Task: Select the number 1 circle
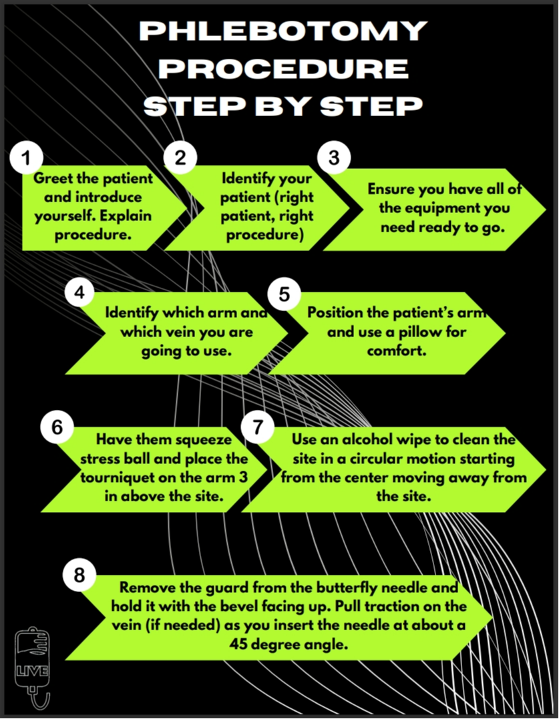coord(27,158)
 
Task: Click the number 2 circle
coord(180,158)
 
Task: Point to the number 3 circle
coord(334,158)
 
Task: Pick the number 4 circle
coord(81,294)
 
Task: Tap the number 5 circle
coord(285,294)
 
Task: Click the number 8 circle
coord(79,575)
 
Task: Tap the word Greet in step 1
coord(50,179)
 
